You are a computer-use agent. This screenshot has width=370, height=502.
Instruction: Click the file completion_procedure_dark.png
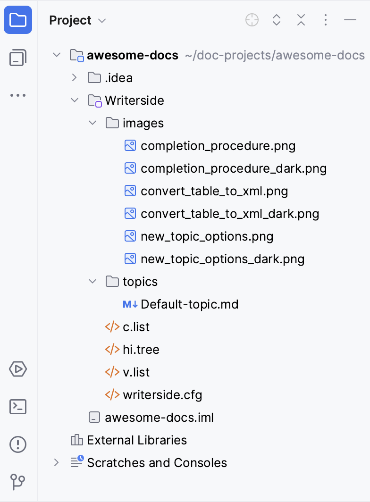point(234,168)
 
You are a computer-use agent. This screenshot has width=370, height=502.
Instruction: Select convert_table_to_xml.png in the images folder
point(214,191)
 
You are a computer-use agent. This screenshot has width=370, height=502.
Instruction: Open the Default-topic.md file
point(189,304)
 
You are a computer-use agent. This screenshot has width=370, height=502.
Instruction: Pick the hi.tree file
point(141,350)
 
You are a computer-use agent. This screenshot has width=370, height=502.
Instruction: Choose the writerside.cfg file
point(162,395)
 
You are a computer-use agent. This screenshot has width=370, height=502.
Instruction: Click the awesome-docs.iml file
point(159,418)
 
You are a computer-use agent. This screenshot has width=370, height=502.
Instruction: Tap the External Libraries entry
point(137,440)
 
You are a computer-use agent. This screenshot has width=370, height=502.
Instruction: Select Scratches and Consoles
point(157,463)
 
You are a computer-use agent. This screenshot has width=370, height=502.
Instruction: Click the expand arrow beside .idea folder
point(74,77)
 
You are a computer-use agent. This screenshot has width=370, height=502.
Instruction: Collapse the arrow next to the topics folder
point(92,281)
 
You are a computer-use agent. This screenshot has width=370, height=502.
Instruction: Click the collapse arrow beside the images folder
point(92,123)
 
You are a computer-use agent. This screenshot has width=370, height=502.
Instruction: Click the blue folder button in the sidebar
point(18,20)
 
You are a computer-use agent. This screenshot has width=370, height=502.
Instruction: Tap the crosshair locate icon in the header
point(252,20)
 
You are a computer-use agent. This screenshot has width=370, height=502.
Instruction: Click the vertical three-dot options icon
point(326,20)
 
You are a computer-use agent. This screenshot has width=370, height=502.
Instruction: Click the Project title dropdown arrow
point(102,21)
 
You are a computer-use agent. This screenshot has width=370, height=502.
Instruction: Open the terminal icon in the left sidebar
point(18,407)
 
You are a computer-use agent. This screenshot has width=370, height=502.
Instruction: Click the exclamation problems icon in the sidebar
point(18,444)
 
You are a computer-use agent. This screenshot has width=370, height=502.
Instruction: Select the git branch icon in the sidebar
point(18,482)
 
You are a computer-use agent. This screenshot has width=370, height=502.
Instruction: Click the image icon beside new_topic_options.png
point(130,236)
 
